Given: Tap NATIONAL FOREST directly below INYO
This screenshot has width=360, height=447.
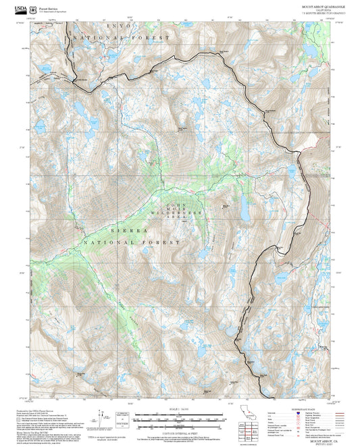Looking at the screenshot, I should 122,38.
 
